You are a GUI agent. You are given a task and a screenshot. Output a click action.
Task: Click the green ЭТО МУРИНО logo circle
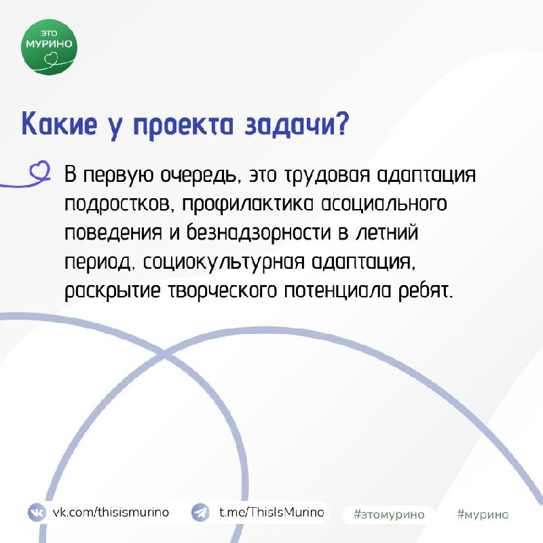point(49,47)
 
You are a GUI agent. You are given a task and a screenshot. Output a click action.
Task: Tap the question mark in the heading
point(341,124)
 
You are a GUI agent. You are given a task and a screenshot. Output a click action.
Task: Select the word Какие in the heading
point(59,124)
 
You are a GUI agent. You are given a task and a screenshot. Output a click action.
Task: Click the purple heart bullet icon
point(40,170)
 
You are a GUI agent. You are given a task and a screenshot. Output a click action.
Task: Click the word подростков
point(117,204)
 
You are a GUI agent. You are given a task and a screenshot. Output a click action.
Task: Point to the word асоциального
point(384,204)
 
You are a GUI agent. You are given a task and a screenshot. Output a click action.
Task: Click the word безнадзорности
point(259,233)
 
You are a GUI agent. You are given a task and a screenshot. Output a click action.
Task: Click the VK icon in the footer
point(37,512)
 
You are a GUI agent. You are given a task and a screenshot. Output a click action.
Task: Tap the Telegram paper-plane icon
point(200,512)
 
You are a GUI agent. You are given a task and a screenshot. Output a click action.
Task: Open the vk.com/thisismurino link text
point(111,512)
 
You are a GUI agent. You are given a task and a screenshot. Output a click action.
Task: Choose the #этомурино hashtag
point(389,514)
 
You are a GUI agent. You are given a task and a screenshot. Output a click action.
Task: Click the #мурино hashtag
point(483,514)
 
